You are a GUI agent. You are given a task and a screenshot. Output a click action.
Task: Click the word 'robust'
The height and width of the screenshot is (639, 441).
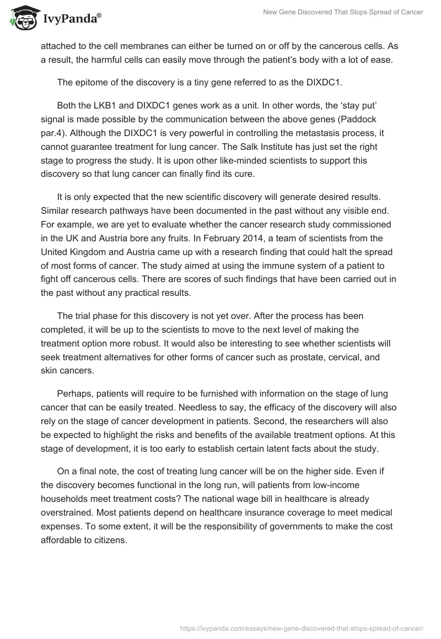pos(191,343)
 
